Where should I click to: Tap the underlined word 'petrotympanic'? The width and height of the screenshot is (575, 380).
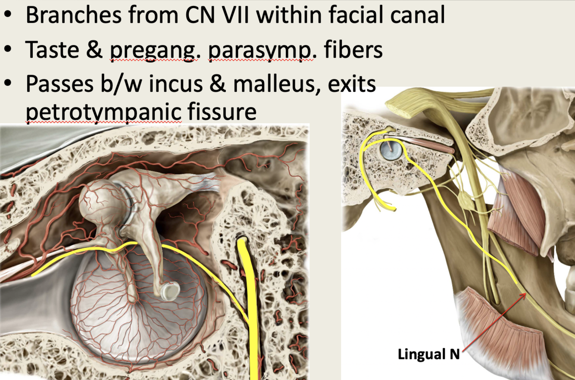coord(103,111)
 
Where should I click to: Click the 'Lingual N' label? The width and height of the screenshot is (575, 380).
coord(428,355)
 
